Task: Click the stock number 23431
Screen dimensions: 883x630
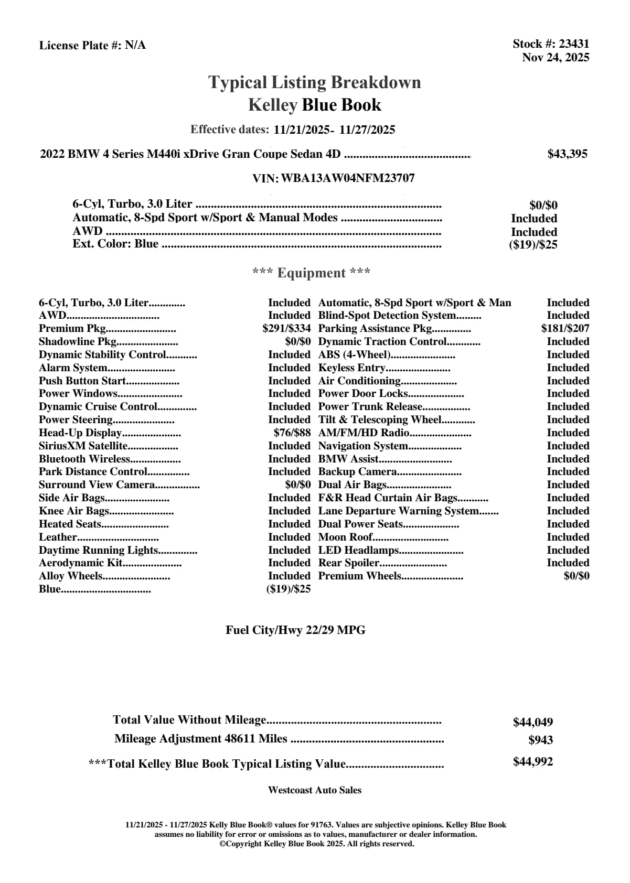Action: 574,44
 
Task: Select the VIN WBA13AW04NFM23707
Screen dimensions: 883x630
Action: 348,178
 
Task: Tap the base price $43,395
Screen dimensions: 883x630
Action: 567,154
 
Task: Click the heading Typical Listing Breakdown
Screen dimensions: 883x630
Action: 315,82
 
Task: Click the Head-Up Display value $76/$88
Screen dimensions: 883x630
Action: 292,433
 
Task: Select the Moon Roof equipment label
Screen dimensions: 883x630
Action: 346,537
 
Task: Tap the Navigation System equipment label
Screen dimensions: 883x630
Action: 363,446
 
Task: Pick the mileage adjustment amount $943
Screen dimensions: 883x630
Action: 540,740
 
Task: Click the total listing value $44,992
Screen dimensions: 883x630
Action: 532,762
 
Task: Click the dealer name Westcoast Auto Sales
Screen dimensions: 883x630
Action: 315,790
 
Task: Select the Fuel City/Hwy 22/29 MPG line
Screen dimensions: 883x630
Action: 295,631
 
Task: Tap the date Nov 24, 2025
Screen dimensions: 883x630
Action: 556,58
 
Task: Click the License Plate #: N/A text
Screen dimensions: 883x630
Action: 92,46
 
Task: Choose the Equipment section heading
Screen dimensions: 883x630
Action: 311,273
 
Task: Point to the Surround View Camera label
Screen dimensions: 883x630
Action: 97,485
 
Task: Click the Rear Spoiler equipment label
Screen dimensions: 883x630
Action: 349,563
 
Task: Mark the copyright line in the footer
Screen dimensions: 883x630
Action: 317,844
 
